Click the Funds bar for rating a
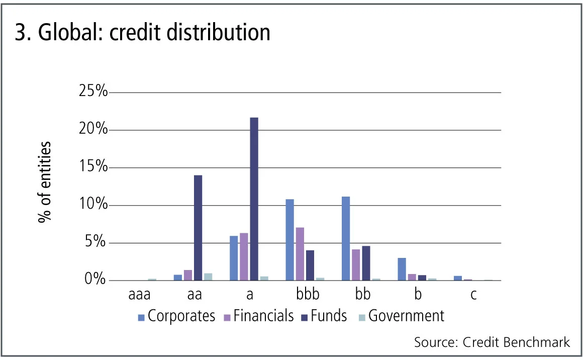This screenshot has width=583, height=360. click(254, 199)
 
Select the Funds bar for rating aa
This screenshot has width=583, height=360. click(198, 227)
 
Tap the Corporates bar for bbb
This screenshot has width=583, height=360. click(289, 240)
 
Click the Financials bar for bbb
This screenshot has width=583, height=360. click(300, 254)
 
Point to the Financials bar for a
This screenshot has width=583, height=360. click(244, 256)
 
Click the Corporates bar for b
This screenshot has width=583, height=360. click(402, 269)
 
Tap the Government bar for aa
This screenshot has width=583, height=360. click(208, 277)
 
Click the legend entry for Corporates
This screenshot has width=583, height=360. click(176, 316)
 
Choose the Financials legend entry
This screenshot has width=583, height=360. click(258, 316)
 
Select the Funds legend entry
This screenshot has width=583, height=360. click(323, 316)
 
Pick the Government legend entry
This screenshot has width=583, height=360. click(401, 316)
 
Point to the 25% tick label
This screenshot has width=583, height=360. click(93, 92)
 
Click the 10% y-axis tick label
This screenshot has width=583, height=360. click(93, 205)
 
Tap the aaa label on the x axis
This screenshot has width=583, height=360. click(139, 295)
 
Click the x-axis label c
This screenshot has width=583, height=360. click(473, 295)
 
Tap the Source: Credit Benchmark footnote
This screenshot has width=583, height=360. click(492, 342)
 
